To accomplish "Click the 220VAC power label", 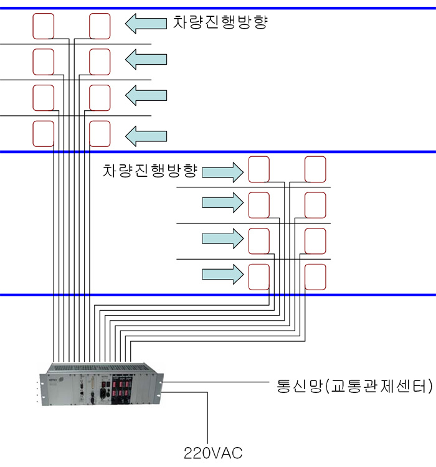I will coord(211,451).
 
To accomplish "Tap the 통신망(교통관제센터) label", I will coord(353,385).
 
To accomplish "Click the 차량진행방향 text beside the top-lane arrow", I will coord(220,23).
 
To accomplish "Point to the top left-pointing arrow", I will coord(146,24).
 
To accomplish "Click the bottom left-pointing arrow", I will coord(146,133).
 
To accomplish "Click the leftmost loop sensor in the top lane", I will coord(44,26).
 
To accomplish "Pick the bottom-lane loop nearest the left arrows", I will coord(100,133).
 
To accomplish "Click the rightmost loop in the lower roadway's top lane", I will coord(315,169).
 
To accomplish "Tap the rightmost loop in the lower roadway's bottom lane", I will coord(315,276).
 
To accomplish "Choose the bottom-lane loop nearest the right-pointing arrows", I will coord(259,276).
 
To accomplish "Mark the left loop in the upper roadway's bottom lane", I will coord(44,133).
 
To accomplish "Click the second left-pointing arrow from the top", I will coord(146,60).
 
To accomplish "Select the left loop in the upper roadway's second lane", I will coord(44,61).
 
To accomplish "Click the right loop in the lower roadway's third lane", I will coord(315,240).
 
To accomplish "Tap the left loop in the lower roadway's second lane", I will coord(259,204).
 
